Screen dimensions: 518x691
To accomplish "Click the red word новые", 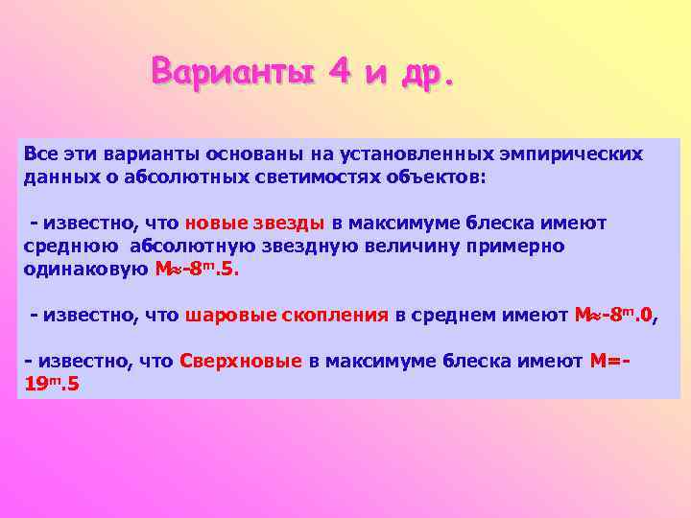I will [216, 223].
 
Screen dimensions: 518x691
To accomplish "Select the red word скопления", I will [327, 315].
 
